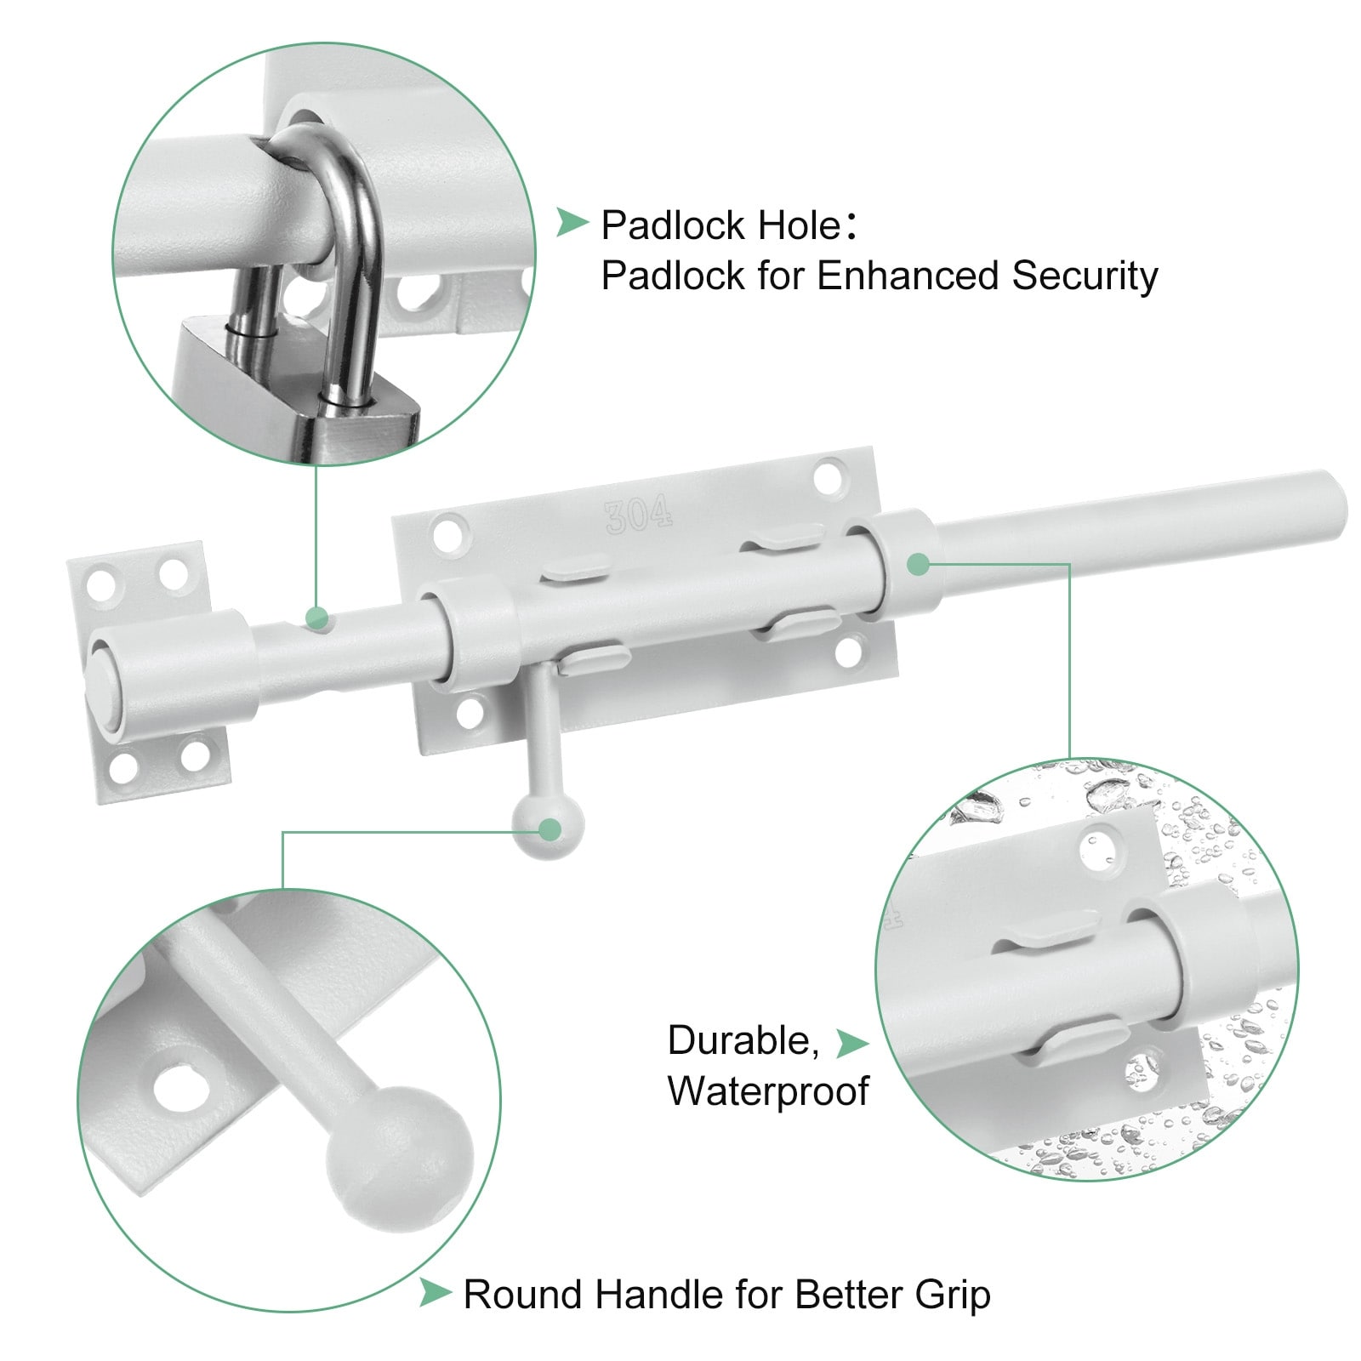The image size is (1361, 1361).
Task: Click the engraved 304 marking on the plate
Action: tap(639, 515)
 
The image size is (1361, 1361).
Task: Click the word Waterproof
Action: tap(768, 1091)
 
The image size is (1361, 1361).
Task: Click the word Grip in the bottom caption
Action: tap(953, 1295)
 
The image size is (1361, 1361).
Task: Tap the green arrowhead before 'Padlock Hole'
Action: tap(572, 224)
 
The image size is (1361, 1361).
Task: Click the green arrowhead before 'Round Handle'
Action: tap(435, 1293)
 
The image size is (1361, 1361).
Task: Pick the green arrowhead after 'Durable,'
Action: tap(851, 1043)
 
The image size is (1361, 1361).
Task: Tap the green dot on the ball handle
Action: tap(550, 829)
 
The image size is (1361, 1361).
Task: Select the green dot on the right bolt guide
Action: tap(918, 563)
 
